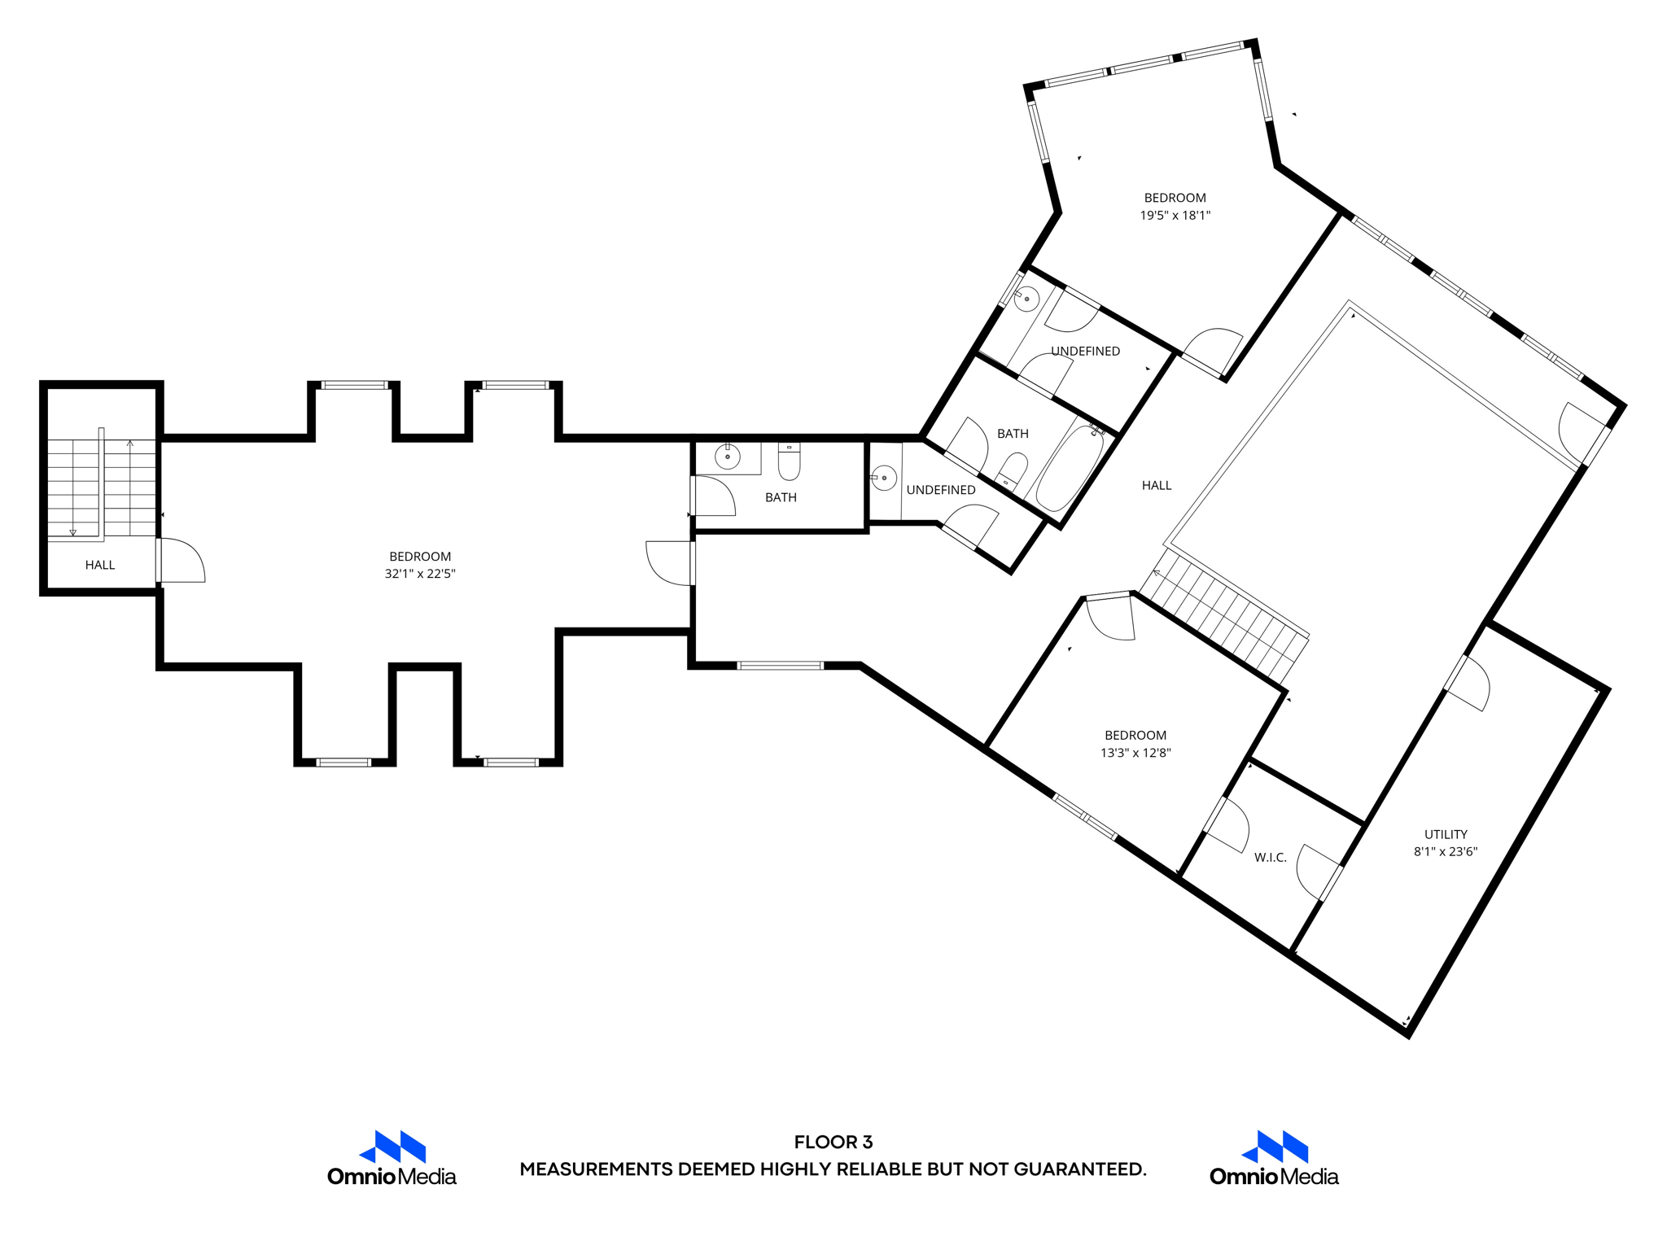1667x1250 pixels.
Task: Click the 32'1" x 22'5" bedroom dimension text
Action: tap(420, 574)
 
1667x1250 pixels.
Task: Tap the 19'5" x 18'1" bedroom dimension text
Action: tap(1175, 216)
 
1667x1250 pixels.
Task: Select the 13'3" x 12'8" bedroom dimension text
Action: tap(1135, 753)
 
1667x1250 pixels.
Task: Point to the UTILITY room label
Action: tap(1446, 834)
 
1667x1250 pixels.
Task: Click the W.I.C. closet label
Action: tap(1270, 858)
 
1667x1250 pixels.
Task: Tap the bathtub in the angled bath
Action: tap(1068, 467)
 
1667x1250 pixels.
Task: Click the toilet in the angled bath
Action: tap(1011, 471)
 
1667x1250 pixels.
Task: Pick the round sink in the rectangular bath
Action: tap(727, 457)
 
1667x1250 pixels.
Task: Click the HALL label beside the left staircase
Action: tap(100, 565)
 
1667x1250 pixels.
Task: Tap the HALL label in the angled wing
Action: tap(1156, 486)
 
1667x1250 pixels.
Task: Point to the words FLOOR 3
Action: tap(833, 1142)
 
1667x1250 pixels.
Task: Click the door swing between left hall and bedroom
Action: tap(183, 561)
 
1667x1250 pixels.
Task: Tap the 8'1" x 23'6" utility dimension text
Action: tap(1445, 852)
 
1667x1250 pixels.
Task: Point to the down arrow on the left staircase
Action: tap(73, 532)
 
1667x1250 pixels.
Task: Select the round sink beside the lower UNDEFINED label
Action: tap(884, 478)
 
